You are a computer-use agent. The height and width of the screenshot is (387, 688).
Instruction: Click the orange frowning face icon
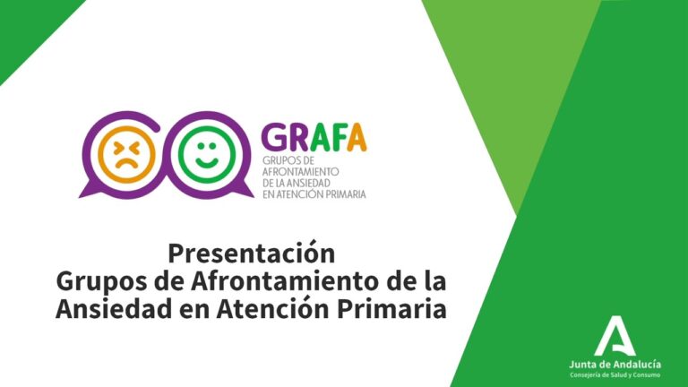coord(126,154)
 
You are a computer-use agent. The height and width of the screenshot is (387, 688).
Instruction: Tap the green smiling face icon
coord(207,154)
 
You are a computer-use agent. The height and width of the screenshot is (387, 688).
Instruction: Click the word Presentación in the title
coord(252,254)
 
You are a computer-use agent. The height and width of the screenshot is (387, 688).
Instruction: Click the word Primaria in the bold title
coord(391,309)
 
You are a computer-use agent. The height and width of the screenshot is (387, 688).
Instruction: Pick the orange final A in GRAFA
coord(357,137)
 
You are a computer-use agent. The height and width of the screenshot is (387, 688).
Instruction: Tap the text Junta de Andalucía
coord(615,365)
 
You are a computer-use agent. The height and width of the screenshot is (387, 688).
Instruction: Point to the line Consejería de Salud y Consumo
coord(615,375)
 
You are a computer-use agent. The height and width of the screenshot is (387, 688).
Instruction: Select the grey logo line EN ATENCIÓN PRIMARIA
coord(314,193)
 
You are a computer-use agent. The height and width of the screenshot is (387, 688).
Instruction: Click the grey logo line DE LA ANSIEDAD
coord(297,183)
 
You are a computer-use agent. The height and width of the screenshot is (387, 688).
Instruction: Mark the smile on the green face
coord(207,163)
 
